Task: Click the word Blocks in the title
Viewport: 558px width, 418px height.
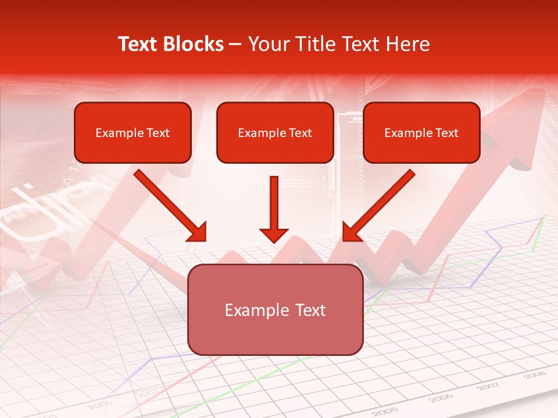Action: [x=194, y=44]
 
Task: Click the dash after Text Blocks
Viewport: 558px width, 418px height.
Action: [x=235, y=45]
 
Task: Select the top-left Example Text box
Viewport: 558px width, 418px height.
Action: [x=133, y=132]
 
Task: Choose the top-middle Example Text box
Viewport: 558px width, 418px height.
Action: [x=275, y=132]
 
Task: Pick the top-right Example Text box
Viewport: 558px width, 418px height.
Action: [x=421, y=132]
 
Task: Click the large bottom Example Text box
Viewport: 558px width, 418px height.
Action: [x=276, y=309]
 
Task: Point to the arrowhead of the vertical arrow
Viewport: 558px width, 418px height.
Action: [x=274, y=235]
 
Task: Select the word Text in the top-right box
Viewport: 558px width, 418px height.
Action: [x=446, y=133]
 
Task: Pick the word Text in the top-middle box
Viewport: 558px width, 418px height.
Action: [x=300, y=133]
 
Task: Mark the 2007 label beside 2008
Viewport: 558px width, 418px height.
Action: [x=489, y=385]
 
